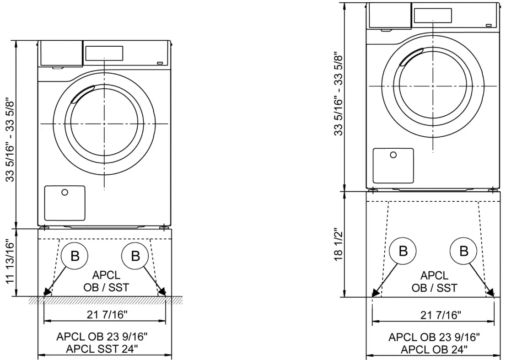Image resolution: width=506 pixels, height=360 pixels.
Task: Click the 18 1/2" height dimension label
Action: coord(338,245)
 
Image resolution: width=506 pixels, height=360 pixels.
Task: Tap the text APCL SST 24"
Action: coord(105,349)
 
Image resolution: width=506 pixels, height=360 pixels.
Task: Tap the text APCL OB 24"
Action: coord(433,349)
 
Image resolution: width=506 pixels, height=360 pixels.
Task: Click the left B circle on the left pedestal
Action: coord(75,256)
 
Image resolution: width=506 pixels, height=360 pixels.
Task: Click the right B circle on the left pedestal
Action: coord(135,256)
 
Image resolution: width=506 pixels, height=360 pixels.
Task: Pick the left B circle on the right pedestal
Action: coord(403,251)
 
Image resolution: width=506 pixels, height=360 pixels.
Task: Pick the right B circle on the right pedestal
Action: coord(463,251)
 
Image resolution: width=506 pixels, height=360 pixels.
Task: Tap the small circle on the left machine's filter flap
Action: coord(65,192)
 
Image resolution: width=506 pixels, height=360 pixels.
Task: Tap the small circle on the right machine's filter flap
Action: coord(393,155)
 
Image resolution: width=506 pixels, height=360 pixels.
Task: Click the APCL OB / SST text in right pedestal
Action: coord(434,282)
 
